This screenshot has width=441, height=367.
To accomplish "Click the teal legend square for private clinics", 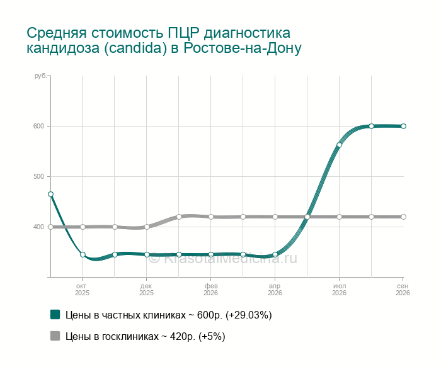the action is click(x=55, y=315).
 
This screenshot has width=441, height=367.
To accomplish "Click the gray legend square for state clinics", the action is click(x=55, y=336).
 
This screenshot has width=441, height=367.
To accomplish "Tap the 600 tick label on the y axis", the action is click(x=39, y=126).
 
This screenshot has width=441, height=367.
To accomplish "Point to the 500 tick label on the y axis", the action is click(x=39, y=176).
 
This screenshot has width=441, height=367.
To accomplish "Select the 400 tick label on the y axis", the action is click(x=39, y=227).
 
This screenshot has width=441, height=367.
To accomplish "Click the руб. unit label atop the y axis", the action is click(x=40, y=76).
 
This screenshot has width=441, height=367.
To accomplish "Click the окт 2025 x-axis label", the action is click(x=82, y=290).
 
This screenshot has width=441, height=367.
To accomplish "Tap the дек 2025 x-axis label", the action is click(x=146, y=290).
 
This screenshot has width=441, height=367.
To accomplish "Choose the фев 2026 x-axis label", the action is click(x=210, y=290).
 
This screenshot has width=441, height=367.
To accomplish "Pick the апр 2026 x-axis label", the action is click(x=275, y=290).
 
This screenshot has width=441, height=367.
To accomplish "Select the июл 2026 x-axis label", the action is click(x=339, y=290).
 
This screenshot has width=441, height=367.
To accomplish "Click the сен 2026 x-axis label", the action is click(x=403, y=290).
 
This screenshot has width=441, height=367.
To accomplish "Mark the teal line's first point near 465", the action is click(x=50, y=194).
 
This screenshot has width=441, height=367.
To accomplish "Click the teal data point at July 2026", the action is click(x=339, y=145).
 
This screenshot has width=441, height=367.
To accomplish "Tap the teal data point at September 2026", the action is click(x=403, y=126).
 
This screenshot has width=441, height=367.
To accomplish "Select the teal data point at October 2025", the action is click(x=83, y=254).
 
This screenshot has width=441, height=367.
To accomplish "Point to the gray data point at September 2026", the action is click(x=403, y=217).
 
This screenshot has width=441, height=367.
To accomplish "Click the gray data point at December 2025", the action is click(x=147, y=227).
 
